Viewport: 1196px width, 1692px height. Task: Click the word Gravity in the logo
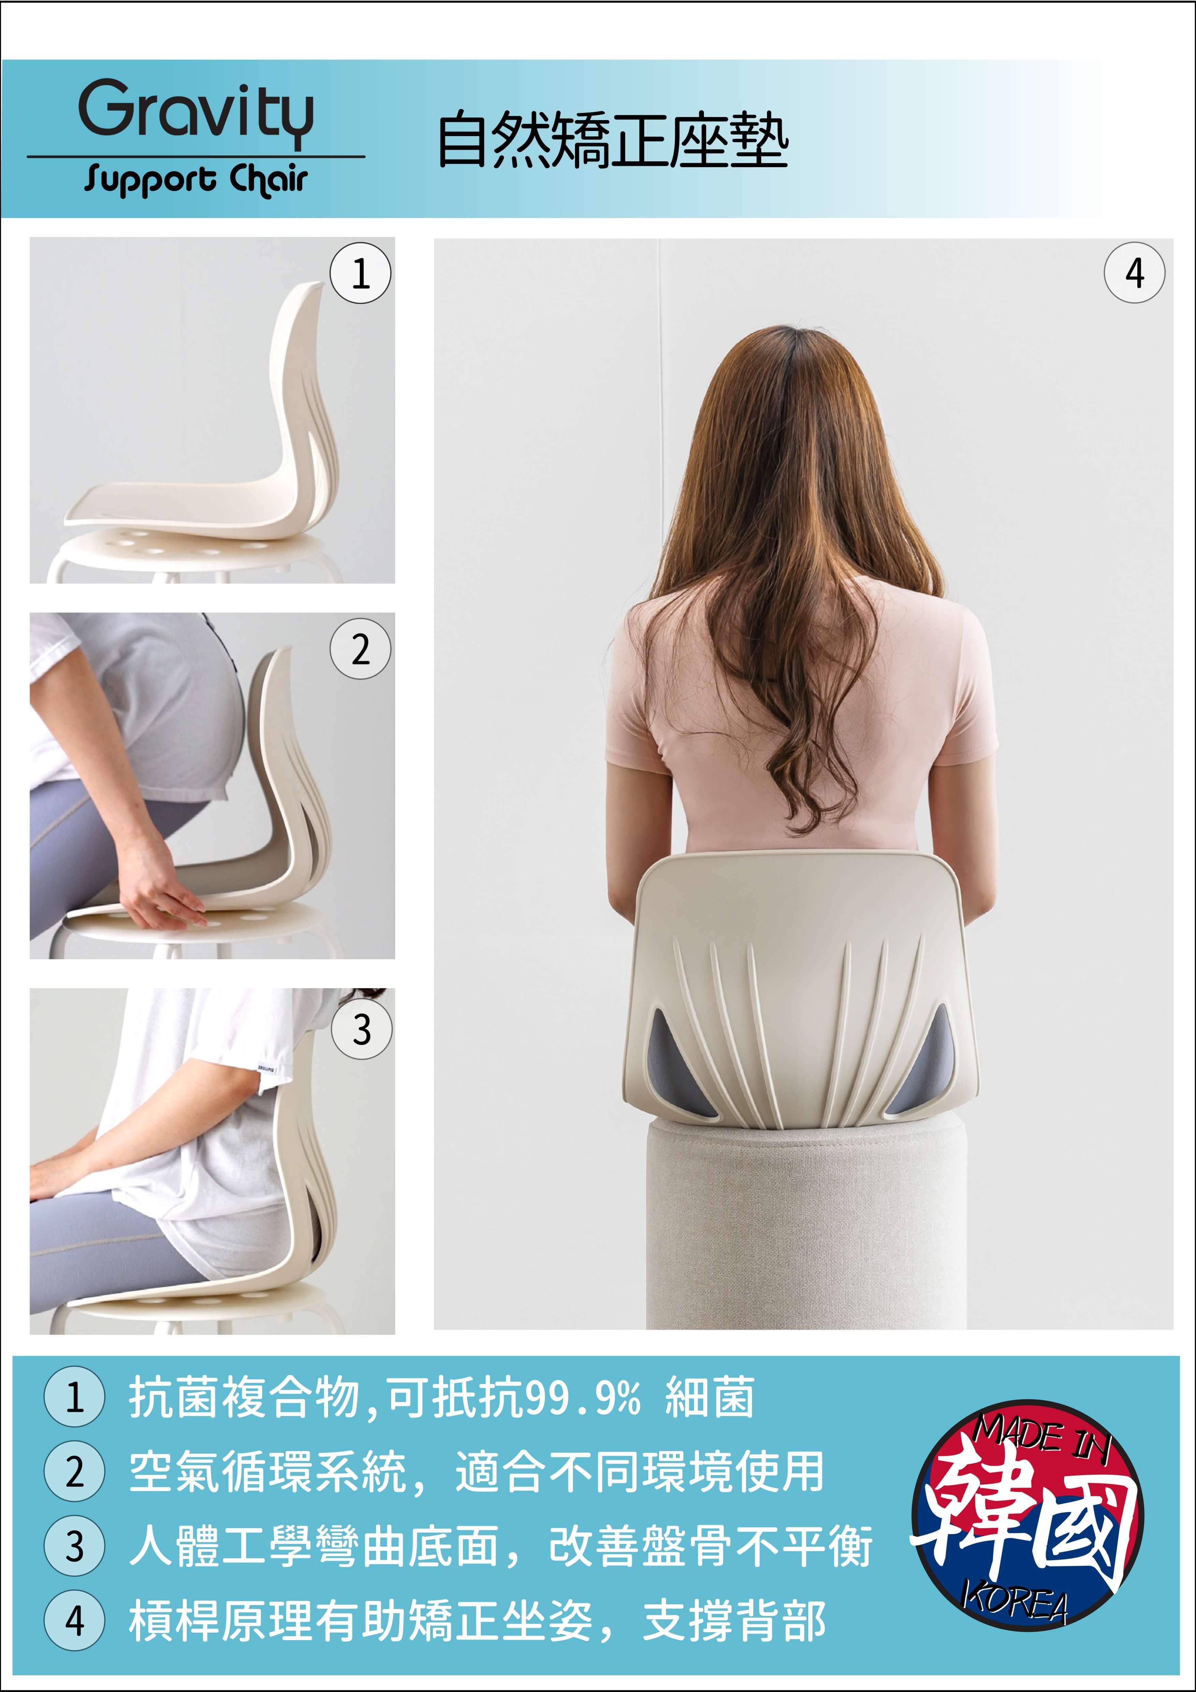[196, 112]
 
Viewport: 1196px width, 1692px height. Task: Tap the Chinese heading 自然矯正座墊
[613, 139]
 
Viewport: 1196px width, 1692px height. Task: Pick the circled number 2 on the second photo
[360, 648]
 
